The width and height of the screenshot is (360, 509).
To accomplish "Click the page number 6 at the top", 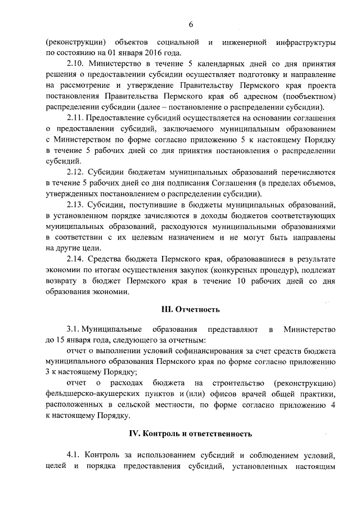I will [x=191, y=24].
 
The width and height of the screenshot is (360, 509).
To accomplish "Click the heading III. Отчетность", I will [x=191, y=309].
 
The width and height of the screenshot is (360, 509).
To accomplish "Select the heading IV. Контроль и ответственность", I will [x=191, y=435].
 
